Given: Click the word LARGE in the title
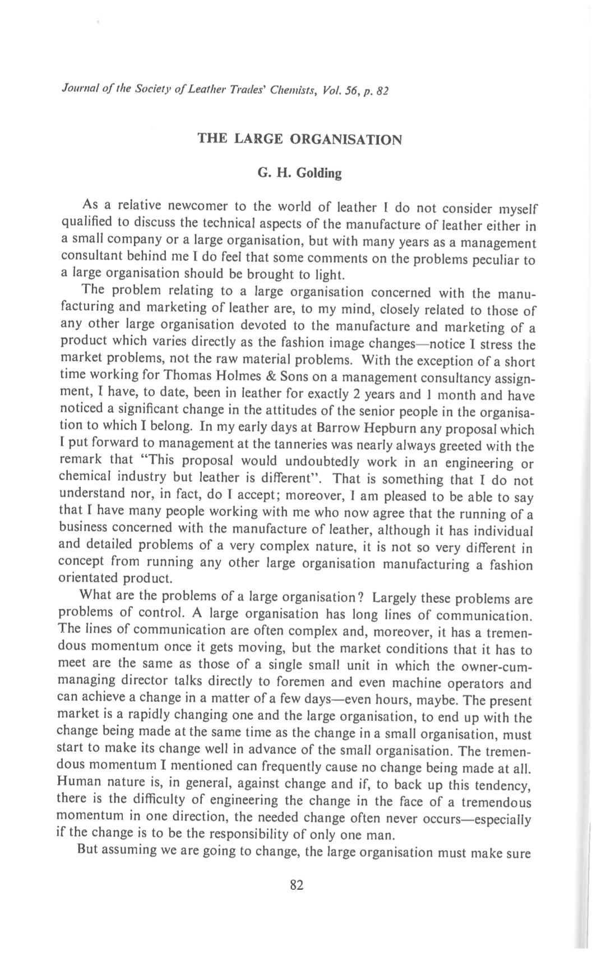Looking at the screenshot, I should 257,139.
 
